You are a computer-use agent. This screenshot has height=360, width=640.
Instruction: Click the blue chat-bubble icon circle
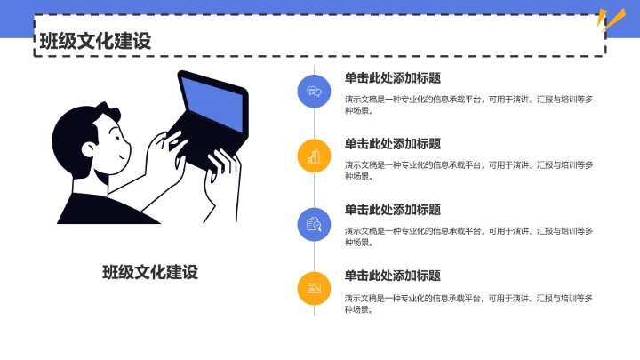(x=314, y=90)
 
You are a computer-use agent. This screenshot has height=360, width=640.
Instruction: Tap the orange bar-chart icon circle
(x=314, y=156)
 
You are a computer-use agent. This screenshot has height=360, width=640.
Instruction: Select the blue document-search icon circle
(x=314, y=222)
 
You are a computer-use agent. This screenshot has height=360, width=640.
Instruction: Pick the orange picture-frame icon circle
(x=314, y=288)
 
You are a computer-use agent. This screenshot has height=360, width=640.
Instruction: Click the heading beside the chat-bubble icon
(x=392, y=77)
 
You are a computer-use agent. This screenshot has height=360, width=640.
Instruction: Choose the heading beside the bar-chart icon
(x=392, y=143)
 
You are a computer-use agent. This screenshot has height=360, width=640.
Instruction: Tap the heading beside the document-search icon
(x=392, y=210)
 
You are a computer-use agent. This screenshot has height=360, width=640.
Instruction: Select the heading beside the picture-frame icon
(x=392, y=276)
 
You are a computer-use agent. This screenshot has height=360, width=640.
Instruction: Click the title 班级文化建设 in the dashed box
(x=94, y=40)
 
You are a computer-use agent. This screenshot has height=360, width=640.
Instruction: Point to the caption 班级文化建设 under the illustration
(x=150, y=272)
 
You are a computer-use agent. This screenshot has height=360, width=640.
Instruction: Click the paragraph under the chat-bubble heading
(x=468, y=105)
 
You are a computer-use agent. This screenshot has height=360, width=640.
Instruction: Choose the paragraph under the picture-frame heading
(x=468, y=303)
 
